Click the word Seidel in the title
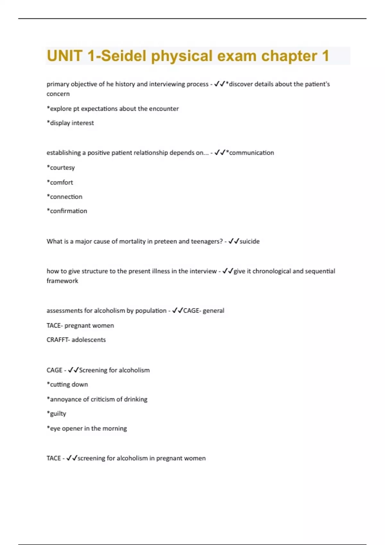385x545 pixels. [x=124, y=56]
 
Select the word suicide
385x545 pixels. [x=250, y=241]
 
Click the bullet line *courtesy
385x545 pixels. [x=61, y=168]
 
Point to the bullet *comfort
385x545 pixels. [x=60, y=182]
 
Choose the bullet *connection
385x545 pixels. [x=64, y=197]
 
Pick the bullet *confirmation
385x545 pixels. [x=67, y=211]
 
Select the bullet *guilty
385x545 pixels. [x=56, y=414]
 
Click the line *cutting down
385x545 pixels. [x=67, y=384]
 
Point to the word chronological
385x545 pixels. [x=271, y=271]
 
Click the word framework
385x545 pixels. [x=62, y=281]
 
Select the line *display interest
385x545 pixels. [x=70, y=123]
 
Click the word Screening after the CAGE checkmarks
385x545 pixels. [x=93, y=370]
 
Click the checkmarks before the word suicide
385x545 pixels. [x=234, y=241]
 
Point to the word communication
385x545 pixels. [x=252, y=153]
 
